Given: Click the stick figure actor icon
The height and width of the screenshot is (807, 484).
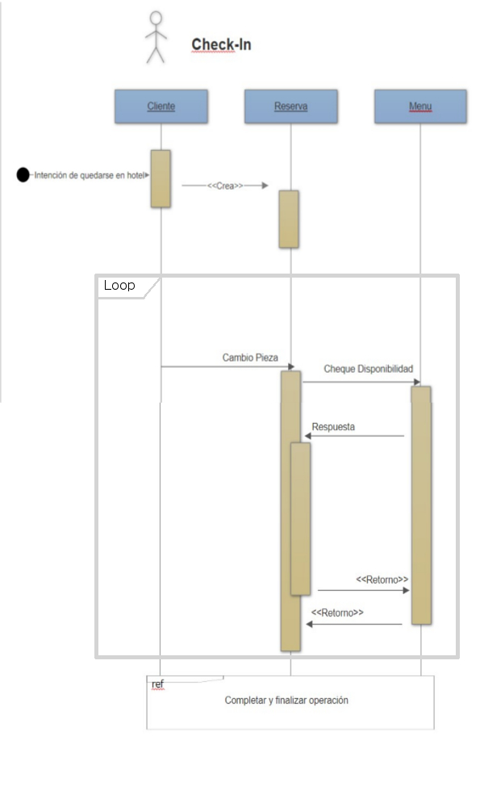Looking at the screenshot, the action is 156,37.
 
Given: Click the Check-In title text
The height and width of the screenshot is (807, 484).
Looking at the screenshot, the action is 221,44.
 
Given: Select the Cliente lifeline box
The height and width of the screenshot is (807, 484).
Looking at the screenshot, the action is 161,107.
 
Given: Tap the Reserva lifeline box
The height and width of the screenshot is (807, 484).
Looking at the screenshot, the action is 291,107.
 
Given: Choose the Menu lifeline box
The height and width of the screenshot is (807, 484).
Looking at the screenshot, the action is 420,107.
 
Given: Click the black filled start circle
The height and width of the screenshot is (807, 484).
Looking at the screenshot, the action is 23,175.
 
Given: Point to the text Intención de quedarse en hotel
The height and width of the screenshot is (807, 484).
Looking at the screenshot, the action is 90,175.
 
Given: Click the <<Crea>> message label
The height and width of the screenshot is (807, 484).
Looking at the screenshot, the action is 225,186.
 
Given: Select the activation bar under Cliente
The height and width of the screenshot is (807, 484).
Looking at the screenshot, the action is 161,178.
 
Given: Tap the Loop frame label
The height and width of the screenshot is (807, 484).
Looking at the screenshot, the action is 119,285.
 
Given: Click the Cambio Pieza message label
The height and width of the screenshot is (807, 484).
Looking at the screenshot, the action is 250,358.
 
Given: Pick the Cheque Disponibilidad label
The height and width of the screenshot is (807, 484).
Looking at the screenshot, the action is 369,369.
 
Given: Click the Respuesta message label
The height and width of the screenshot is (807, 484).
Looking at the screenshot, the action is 333,427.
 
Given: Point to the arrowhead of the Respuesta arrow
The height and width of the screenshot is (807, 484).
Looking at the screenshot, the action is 307,436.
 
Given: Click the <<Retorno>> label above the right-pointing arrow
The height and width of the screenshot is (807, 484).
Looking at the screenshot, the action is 382,579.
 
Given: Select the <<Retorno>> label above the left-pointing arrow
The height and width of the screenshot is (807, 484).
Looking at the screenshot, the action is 337,613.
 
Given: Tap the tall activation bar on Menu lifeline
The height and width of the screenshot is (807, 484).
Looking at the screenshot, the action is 421,505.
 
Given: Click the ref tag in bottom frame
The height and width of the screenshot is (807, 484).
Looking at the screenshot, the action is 157,684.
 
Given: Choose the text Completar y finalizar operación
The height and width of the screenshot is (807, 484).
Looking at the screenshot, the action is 286,700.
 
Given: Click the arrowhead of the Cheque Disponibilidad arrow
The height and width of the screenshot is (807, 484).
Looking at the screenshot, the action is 417,382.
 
